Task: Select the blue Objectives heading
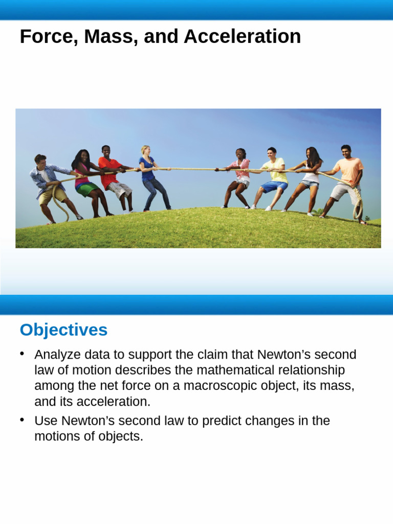pyautogui.click(x=63, y=330)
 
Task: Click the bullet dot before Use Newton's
pyautogui.click(x=22, y=420)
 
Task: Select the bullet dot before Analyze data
pyautogui.click(x=22, y=354)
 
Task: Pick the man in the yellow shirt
pyautogui.click(x=273, y=177)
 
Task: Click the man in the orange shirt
pyautogui.click(x=347, y=179)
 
